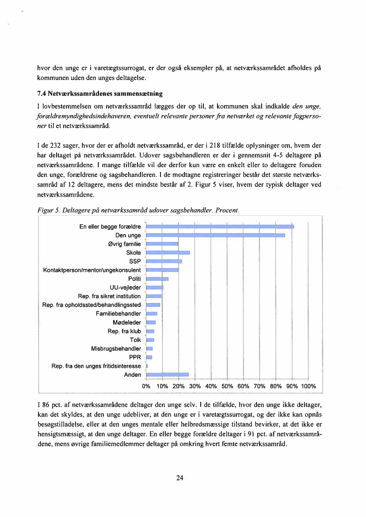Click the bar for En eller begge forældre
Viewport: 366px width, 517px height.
(x=220, y=227)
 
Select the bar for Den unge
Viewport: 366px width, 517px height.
(x=215, y=235)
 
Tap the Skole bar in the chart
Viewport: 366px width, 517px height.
(x=168, y=253)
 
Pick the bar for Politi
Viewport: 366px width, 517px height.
(x=157, y=279)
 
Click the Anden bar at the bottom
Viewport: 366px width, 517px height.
(x=167, y=375)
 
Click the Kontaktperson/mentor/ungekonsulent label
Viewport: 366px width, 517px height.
(x=92, y=270)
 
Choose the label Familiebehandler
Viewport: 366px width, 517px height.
(x=118, y=314)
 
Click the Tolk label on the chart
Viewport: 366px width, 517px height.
(x=136, y=340)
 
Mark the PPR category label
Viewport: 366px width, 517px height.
(x=135, y=357)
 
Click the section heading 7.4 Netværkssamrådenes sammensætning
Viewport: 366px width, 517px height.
(x=99, y=94)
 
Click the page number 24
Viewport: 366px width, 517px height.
(x=179, y=478)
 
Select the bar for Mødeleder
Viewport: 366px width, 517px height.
(x=151, y=322)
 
